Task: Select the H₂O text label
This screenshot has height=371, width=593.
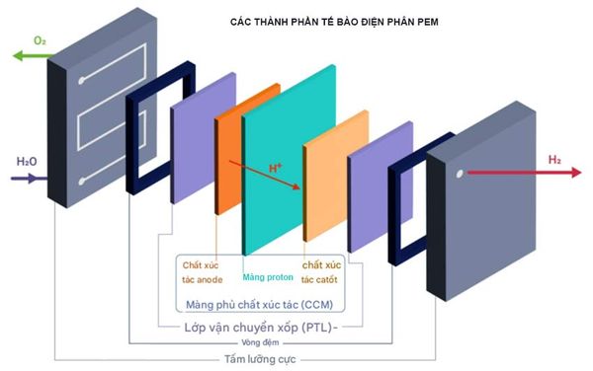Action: pyautogui.click(x=26, y=161)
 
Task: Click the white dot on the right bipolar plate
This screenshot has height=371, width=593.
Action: pyautogui.click(x=459, y=174)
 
